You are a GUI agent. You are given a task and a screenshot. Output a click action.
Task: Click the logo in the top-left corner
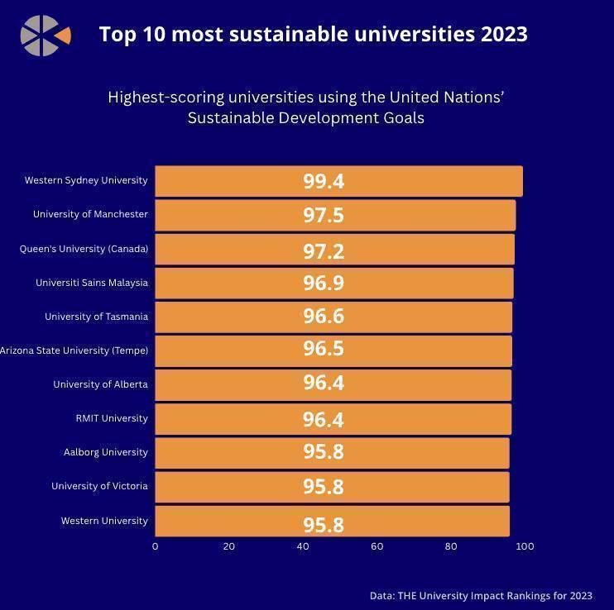[45, 36]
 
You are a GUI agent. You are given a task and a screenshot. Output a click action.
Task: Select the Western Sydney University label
[86, 180]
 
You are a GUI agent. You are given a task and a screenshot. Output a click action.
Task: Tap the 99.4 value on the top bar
[324, 181]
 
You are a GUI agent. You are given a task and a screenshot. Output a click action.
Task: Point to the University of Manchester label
[90, 214]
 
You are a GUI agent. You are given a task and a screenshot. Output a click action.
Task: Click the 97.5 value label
[324, 215]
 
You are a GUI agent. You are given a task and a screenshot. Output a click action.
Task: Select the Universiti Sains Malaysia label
[92, 283]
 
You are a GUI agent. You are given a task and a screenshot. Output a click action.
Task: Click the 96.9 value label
[324, 283]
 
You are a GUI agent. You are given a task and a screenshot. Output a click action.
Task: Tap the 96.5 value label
[324, 349]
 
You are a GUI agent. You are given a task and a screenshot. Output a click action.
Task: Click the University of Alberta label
[100, 384]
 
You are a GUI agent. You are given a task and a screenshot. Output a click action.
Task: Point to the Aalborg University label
[106, 452]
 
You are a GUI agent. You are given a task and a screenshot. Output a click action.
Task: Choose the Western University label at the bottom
[104, 521]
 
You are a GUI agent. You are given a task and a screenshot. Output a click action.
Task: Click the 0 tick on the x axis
[155, 546]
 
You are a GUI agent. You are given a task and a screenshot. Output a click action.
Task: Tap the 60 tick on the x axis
[377, 546]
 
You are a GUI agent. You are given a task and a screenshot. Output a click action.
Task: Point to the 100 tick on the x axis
[525, 546]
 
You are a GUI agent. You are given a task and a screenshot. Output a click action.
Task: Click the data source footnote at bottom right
[481, 595]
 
